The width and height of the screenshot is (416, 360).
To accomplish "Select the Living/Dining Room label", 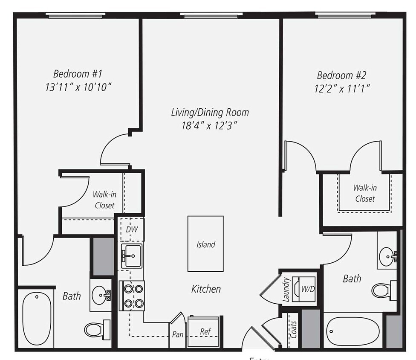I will [x=210, y=113].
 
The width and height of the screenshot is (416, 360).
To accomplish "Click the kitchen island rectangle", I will [x=205, y=244].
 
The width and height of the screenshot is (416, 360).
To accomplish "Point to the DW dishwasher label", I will [x=132, y=229].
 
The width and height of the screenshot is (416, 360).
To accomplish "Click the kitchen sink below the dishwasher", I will [x=131, y=256].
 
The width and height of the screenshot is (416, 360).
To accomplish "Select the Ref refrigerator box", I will [x=205, y=332].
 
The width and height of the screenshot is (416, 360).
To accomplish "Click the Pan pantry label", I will [x=178, y=334].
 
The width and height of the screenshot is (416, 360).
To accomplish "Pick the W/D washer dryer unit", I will [x=306, y=289].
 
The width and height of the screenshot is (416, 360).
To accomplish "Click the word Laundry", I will [x=286, y=290].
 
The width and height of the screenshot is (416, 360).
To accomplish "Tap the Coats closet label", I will [x=293, y=330].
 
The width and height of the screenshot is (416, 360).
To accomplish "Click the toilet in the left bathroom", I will [x=96, y=329].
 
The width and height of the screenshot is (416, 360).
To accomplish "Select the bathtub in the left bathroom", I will [x=37, y=318].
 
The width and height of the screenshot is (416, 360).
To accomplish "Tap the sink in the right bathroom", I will [x=388, y=256].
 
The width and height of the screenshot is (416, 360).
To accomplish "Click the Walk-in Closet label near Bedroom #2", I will [x=364, y=193].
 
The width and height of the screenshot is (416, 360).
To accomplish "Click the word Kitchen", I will [x=206, y=289].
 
